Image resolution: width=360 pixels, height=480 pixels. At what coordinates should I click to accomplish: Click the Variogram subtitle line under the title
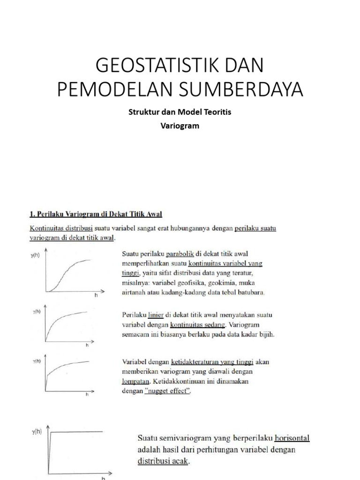tap(180, 126)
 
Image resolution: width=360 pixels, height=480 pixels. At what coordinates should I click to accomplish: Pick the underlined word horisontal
tap(292, 439)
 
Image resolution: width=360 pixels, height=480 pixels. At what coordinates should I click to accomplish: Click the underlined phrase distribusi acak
tap(162, 461)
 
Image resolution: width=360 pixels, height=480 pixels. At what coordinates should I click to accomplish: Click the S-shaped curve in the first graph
tap(66, 272)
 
